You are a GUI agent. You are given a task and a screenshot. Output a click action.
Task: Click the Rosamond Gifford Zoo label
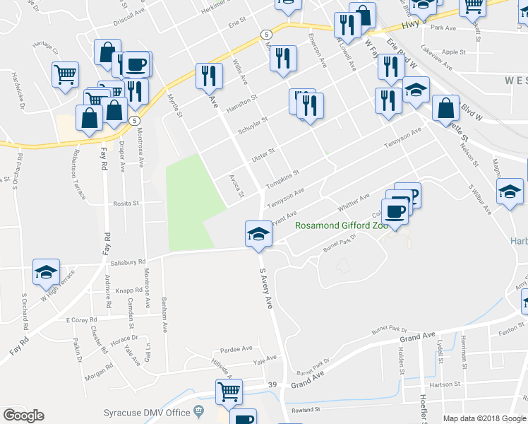pyautogui.click(x=342, y=226)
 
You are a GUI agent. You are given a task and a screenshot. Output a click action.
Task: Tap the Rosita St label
pyautogui.click(x=127, y=203)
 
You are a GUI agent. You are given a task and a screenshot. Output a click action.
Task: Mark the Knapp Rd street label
pyautogui.click(x=130, y=290)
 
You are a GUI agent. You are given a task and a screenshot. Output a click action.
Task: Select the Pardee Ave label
pyautogui.click(x=236, y=348)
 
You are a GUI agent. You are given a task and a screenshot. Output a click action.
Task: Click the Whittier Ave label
pyautogui.click(x=354, y=201)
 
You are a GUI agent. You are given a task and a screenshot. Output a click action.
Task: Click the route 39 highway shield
pyautogui.click(x=272, y=384)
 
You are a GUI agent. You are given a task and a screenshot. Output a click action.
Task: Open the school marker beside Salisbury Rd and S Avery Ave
pyautogui.click(x=258, y=234)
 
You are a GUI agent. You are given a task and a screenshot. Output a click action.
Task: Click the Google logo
pyautogui.click(x=23, y=416)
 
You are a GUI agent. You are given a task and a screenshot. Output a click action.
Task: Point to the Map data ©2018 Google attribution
pyautogui.click(x=484, y=418)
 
